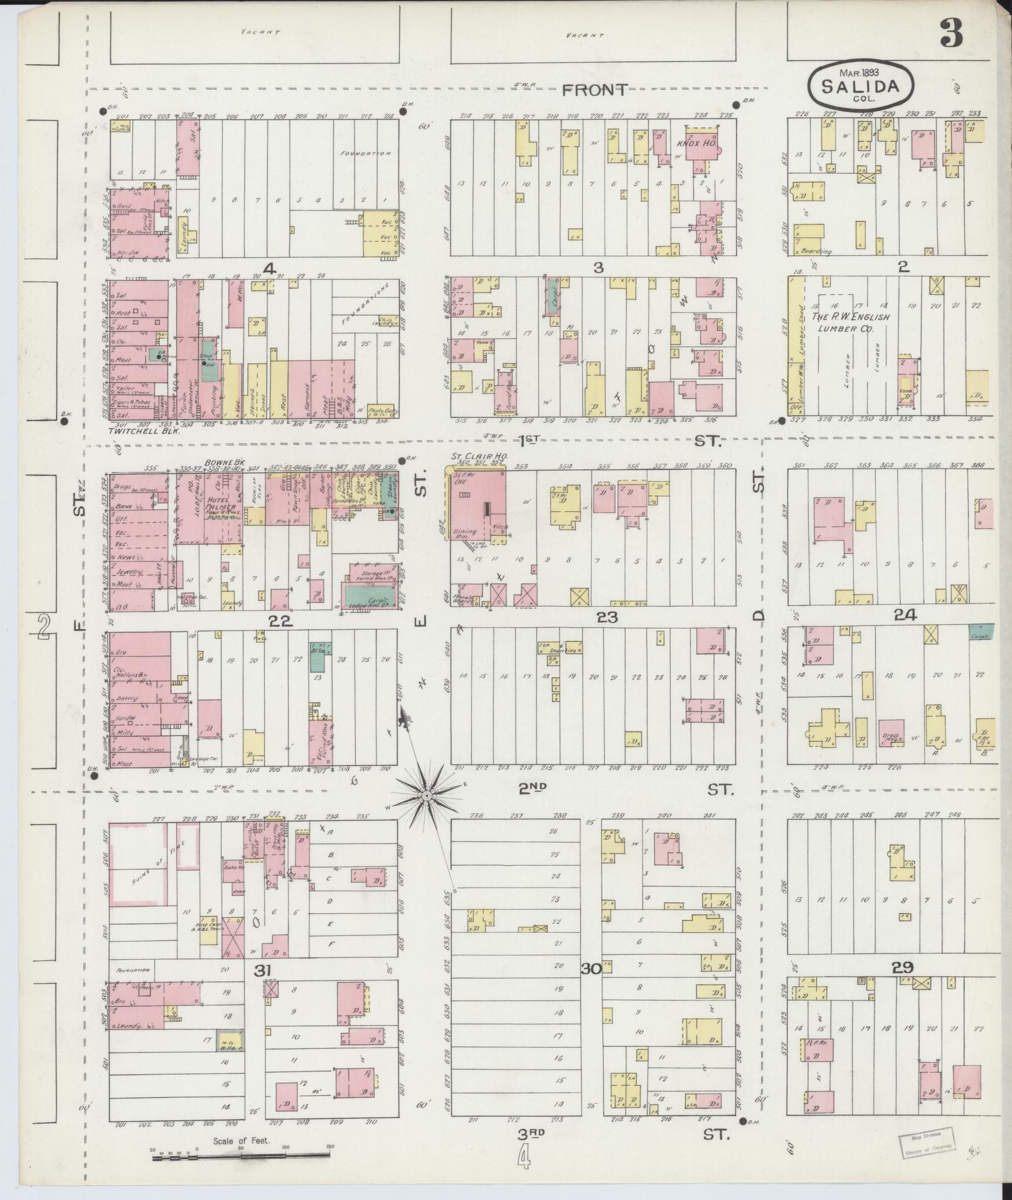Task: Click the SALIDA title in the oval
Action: click(860, 85)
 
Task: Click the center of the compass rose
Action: click(425, 795)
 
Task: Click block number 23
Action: click(607, 617)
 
